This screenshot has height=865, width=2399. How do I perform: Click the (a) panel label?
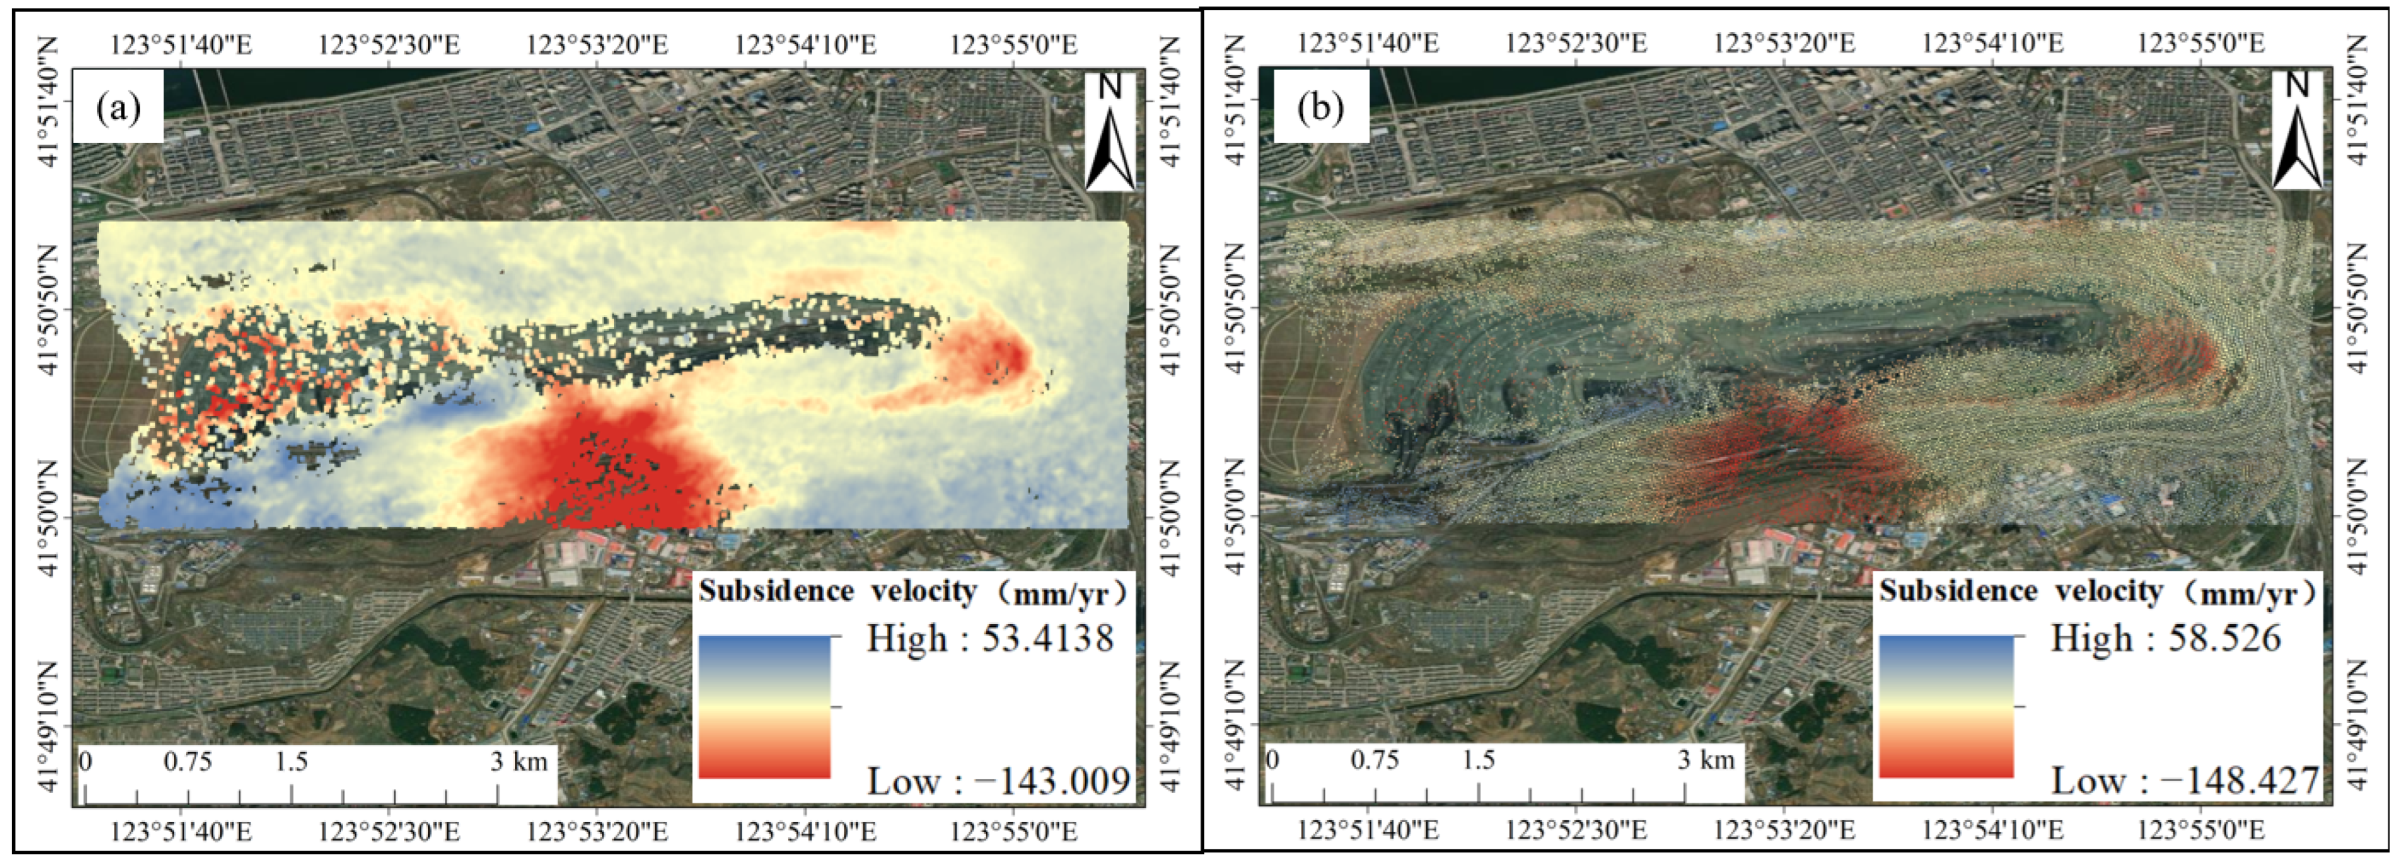(119, 108)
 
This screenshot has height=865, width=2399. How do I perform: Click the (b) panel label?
(1321, 108)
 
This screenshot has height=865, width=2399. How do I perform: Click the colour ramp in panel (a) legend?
(764, 707)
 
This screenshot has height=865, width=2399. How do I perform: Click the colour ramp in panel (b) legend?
(1946, 707)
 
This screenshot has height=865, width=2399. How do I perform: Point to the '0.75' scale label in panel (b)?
(1375, 761)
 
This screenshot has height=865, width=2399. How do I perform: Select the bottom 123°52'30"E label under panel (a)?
(389, 829)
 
